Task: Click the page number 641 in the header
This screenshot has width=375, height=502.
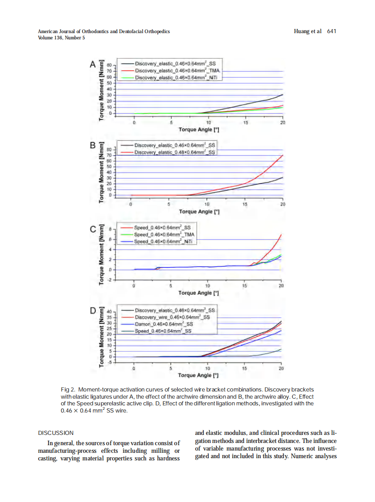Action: point(332,31)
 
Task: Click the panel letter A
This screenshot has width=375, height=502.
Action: point(93,64)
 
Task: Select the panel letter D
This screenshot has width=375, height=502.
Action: point(93,310)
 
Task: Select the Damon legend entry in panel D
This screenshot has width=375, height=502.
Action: point(164,323)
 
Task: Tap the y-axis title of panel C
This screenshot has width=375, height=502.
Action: point(101,254)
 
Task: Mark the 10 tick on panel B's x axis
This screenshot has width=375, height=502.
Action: point(206,204)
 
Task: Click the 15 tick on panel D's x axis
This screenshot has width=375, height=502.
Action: point(244,368)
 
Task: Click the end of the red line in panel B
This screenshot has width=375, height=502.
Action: point(283,155)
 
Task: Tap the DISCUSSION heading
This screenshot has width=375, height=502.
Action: point(55,433)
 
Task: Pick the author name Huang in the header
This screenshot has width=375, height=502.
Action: point(302,31)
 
